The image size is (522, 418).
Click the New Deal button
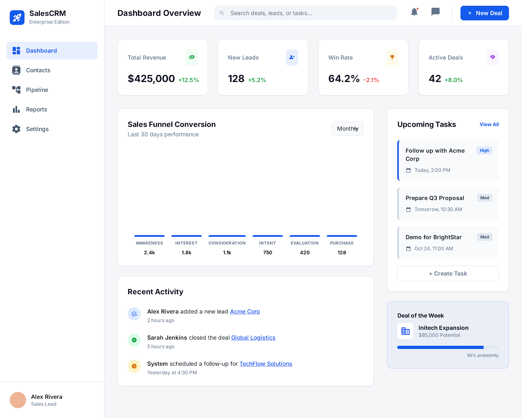point(484,13)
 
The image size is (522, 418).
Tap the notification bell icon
point(414,12)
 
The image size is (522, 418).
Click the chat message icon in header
point(435,12)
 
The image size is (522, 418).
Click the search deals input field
point(305,13)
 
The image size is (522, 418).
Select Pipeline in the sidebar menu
point(37,90)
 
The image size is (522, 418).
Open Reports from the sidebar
point(36,109)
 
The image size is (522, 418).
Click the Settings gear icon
point(16,129)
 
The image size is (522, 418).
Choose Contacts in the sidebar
point(38,70)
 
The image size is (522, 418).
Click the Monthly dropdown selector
point(347,129)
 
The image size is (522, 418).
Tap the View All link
point(489,124)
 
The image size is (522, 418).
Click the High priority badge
point(484,151)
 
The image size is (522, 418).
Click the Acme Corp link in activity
point(245,312)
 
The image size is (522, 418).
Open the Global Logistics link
point(253,338)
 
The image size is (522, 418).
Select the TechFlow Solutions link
point(266,364)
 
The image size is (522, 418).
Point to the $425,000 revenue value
point(151,79)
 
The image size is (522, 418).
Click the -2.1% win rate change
point(371,80)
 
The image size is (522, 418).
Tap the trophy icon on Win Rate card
point(392,57)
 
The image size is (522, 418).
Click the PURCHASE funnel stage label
point(342,243)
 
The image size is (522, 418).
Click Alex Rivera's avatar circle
point(18,400)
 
